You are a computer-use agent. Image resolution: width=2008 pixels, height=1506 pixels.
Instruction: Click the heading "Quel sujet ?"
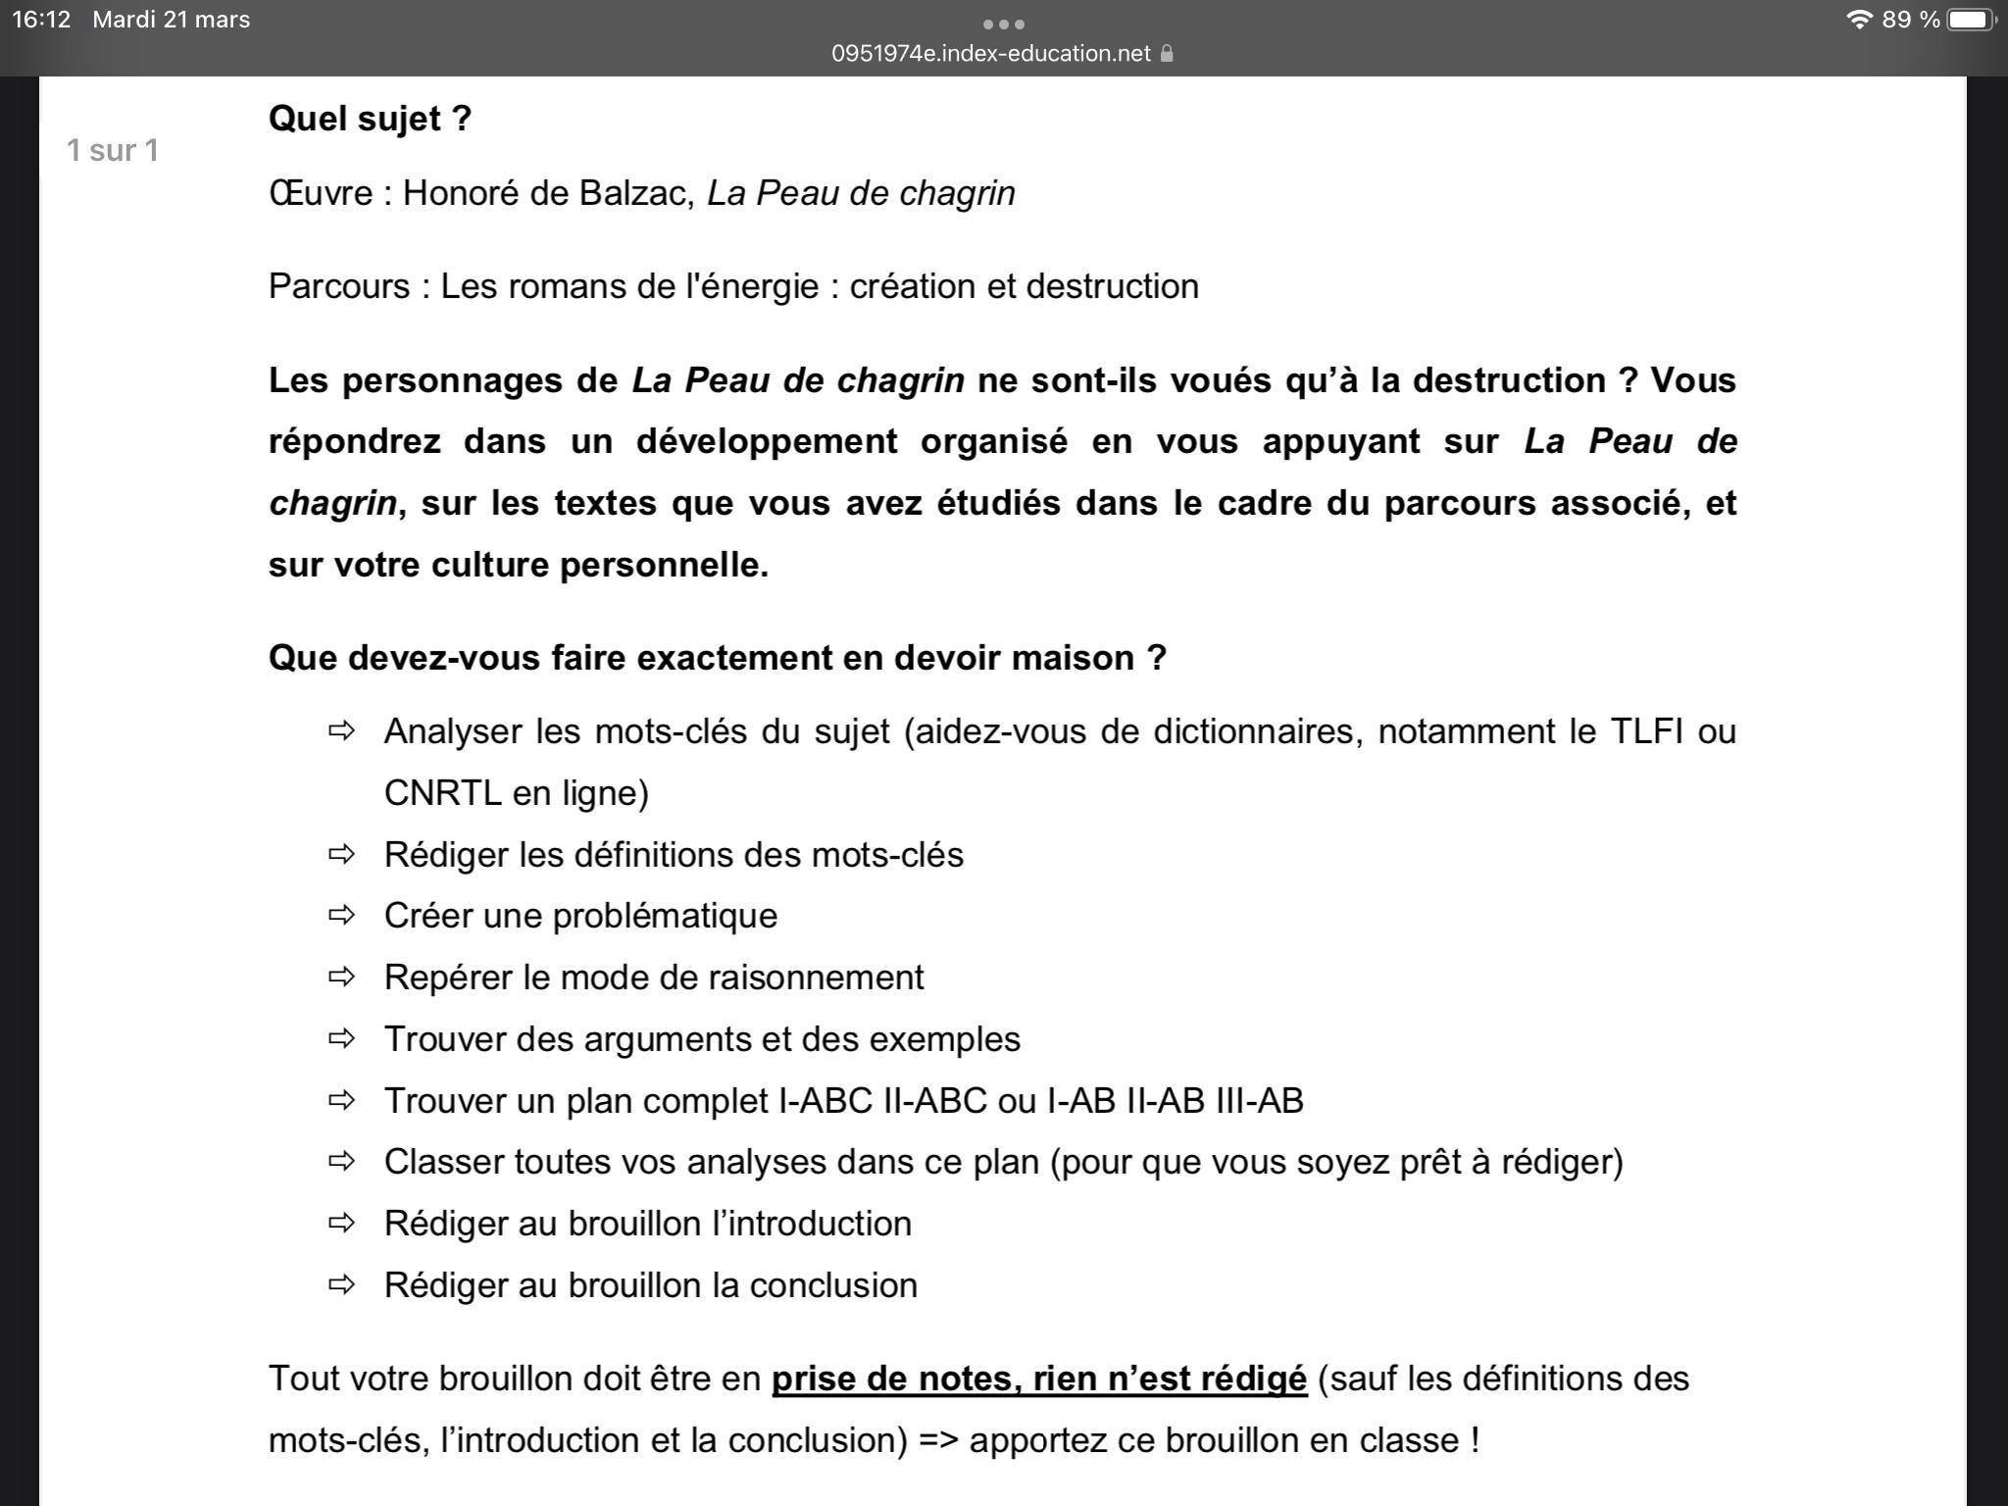370,119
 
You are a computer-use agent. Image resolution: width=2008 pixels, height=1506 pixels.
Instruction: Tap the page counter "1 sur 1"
112,150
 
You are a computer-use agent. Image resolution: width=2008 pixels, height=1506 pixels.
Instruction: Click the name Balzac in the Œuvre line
636,193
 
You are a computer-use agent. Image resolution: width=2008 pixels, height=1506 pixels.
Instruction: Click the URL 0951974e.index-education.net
990,53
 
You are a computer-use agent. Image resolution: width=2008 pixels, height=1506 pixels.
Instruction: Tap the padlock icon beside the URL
1167,54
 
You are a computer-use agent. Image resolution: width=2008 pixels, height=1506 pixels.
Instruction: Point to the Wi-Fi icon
1858,20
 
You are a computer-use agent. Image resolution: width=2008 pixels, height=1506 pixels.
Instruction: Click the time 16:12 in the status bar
41,20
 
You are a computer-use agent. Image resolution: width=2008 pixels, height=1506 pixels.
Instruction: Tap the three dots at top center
1003,24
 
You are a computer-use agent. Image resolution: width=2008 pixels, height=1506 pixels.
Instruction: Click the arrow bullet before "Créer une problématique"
341,915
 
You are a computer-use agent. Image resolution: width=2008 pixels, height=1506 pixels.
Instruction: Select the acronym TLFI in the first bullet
1647,731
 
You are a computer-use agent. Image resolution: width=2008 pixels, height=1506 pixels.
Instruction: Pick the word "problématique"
665,916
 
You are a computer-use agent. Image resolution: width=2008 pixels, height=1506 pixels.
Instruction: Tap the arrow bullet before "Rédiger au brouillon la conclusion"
341,1284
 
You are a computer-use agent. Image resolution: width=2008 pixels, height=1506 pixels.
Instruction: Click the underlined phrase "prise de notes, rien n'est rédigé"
1039,1379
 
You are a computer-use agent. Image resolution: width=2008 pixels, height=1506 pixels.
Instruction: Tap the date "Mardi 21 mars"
171,20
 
